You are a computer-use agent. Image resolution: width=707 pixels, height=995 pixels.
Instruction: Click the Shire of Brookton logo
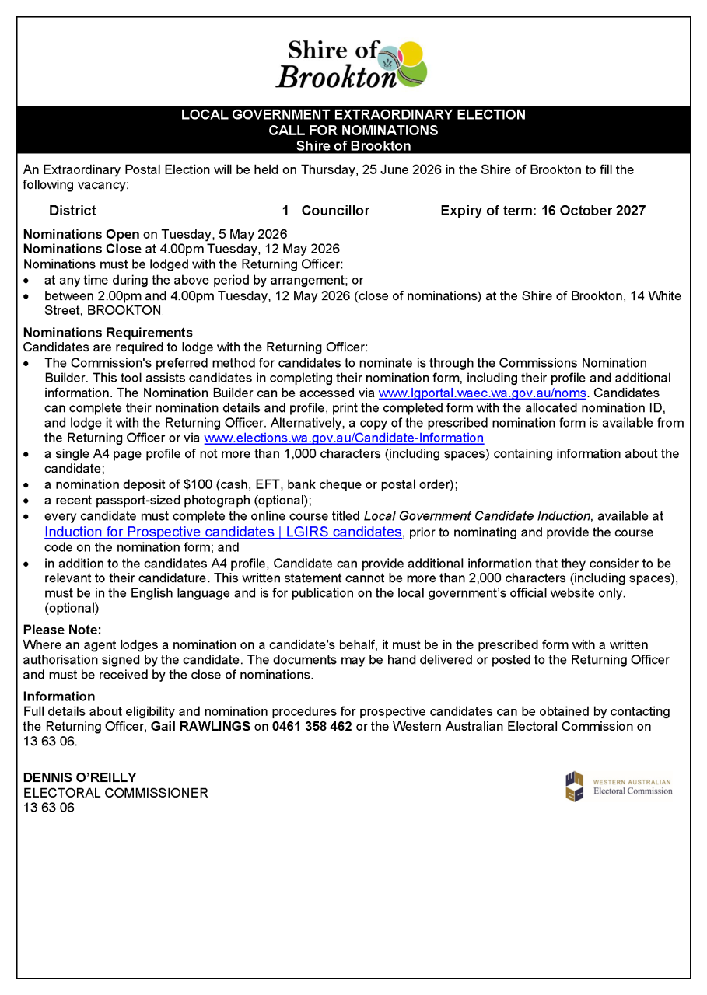coord(352,64)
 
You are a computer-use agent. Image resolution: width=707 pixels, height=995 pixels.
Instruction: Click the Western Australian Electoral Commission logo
coord(618,786)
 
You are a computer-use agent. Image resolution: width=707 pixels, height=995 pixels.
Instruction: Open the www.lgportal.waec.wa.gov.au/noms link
coord(481,393)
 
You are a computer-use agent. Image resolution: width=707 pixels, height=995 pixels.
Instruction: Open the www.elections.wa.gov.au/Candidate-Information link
coord(343,438)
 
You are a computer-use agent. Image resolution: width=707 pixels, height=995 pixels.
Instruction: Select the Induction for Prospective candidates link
coord(223,532)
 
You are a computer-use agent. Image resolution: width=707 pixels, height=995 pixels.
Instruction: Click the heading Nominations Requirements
coord(107,333)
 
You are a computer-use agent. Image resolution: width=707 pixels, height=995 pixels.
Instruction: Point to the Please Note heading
coord(62,630)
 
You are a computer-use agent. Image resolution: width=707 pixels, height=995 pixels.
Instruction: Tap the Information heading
coord(59,696)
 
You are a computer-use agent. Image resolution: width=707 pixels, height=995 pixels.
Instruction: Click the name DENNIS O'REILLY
coord(80,777)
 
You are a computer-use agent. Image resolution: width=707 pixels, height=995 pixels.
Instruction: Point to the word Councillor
coord(335,211)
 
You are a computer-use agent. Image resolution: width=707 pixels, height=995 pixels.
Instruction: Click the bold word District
coord(72,211)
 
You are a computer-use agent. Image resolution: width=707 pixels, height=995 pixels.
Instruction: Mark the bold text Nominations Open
coord(82,234)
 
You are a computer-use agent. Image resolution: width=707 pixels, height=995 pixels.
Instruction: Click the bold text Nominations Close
coord(82,250)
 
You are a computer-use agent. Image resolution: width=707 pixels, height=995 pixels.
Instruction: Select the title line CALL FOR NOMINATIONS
coord(353,131)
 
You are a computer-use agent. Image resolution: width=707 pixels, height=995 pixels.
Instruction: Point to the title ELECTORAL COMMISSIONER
coord(116,793)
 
